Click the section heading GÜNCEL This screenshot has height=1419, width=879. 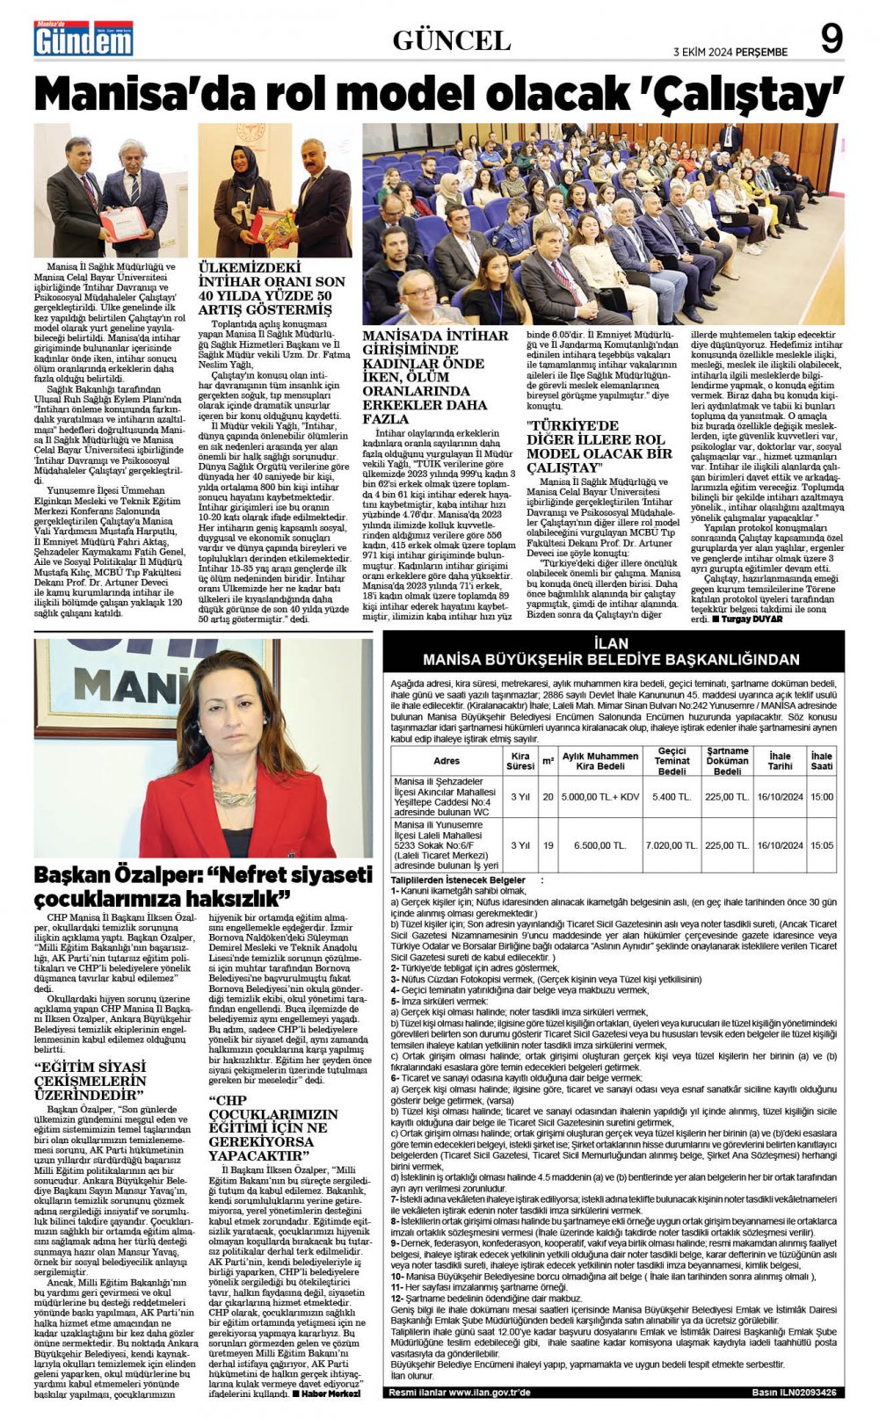[451, 40]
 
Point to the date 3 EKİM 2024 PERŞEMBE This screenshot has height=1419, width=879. [730, 52]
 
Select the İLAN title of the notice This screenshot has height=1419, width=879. [611, 643]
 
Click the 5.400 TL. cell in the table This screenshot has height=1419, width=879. [672, 797]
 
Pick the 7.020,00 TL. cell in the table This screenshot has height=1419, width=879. [672, 845]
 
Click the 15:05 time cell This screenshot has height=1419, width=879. [821, 845]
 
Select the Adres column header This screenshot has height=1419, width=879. [447, 761]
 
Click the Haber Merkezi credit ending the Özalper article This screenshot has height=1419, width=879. [326, 1394]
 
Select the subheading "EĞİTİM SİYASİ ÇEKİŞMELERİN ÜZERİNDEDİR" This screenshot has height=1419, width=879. [91, 1081]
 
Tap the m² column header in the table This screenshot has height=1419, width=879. [548, 761]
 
